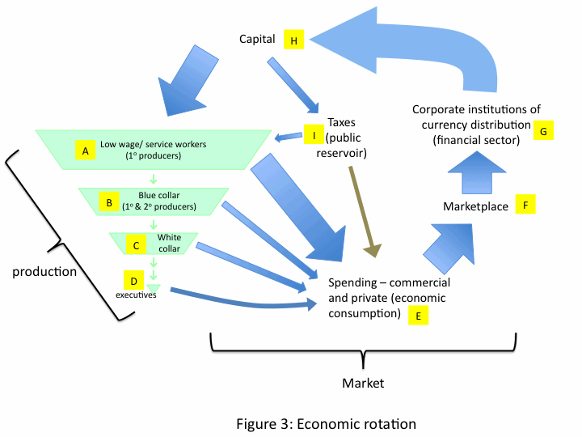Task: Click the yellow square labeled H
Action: [x=294, y=40]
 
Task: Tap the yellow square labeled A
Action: [x=86, y=151]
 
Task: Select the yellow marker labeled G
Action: [x=543, y=130]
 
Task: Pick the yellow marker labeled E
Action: [x=419, y=315]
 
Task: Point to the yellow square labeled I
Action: [x=314, y=134]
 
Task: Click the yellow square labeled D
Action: [x=133, y=280]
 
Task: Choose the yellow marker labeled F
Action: [x=525, y=204]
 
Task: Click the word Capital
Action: [x=257, y=39]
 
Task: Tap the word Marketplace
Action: [x=475, y=206]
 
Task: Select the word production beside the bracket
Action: [x=44, y=272]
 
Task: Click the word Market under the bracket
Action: [x=363, y=383]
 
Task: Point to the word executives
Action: [x=136, y=295]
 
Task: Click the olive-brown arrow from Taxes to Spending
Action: [x=365, y=212]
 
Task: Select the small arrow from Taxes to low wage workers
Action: [x=289, y=137]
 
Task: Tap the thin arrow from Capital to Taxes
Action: [x=293, y=86]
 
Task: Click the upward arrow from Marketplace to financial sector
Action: [x=477, y=172]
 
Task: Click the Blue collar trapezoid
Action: [x=154, y=202]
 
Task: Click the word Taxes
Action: [x=341, y=122]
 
